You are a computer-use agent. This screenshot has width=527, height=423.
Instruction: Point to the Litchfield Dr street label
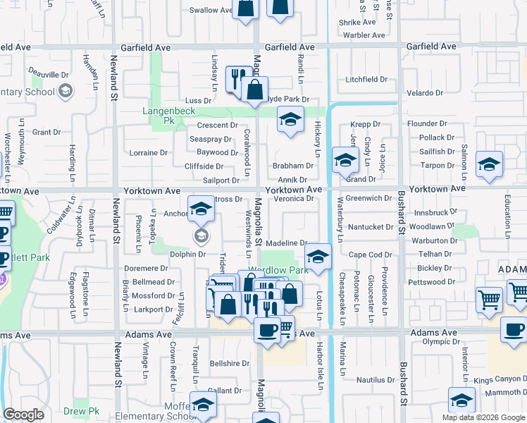366,80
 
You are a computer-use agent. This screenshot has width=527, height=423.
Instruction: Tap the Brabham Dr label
292,166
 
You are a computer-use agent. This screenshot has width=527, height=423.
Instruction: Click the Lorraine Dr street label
149,152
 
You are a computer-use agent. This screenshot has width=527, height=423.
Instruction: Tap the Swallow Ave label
211,10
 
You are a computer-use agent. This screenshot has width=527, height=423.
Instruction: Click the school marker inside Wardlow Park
318,257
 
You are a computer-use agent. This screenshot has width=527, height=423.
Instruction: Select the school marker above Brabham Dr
290,119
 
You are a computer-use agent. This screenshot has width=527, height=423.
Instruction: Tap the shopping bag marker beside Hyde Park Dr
254,90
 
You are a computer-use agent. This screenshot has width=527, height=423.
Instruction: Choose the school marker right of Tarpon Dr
489,164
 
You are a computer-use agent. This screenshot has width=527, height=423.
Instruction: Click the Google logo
23,415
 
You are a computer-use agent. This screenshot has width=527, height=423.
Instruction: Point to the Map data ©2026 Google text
483,417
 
